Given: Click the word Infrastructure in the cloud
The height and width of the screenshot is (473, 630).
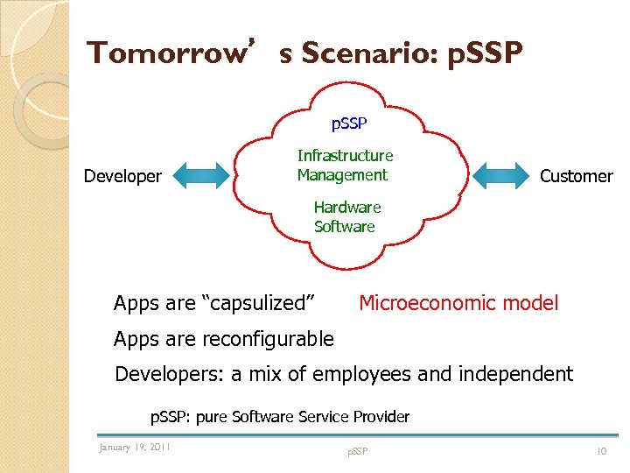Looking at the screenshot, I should pos(345,156).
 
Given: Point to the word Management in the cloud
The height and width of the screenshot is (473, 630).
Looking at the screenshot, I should pos(342,175).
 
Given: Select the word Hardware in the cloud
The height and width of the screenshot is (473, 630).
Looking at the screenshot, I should pos(347,208).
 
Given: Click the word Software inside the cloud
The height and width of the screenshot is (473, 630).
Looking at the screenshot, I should pos(344,227).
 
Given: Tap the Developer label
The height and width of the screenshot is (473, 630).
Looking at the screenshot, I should pos(122,176).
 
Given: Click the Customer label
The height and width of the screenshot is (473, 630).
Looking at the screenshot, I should pos(576,176).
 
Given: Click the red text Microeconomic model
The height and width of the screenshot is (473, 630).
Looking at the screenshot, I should pos(458,304).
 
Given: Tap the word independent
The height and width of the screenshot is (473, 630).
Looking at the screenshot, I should pos(516,375).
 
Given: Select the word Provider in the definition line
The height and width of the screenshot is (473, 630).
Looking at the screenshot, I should pos(379,417).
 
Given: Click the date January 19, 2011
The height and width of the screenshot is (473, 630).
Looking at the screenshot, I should pos(135,448).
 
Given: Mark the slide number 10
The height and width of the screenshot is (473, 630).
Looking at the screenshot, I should pos(602,450).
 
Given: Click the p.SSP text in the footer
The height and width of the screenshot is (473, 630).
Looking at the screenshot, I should pos(357,451).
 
